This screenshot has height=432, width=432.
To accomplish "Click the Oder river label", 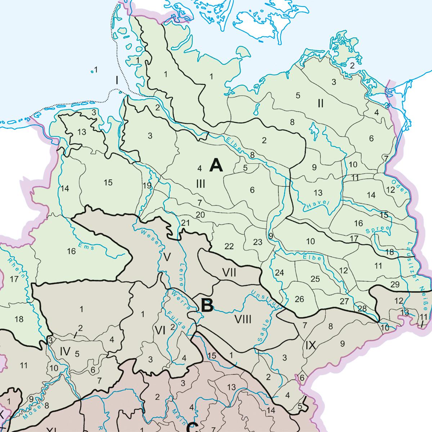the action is [x=402, y=187].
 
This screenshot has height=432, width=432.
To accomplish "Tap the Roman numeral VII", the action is [x=229, y=273].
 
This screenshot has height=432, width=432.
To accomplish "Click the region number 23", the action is [x=258, y=242].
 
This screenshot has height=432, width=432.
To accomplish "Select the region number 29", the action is [x=395, y=284].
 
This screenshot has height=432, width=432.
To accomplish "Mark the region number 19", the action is [x=147, y=186].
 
